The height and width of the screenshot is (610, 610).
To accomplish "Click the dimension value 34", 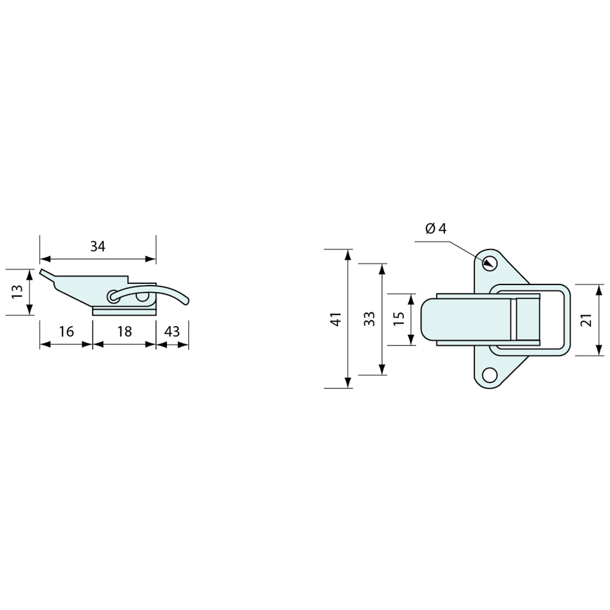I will click(x=98, y=247).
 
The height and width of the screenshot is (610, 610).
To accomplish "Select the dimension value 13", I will click(x=17, y=292).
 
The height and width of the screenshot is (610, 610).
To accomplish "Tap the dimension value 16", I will click(x=66, y=332).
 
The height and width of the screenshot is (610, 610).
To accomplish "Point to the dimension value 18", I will click(x=125, y=332).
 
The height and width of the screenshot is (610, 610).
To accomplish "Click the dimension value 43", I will click(x=172, y=332).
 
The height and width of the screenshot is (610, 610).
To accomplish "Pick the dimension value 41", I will click(x=334, y=319).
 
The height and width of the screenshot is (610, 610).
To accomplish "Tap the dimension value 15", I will click(x=399, y=319).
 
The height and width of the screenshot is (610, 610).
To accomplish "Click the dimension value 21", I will click(x=587, y=319).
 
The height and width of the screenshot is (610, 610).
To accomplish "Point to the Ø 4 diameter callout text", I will click(x=436, y=228).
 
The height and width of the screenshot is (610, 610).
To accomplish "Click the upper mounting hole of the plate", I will click(x=489, y=263).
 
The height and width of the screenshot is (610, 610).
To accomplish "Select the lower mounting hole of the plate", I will click(x=489, y=375).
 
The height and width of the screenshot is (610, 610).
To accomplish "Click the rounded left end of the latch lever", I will click(x=426, y=319).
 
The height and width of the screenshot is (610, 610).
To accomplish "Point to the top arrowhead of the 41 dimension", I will click(x=348, y=254).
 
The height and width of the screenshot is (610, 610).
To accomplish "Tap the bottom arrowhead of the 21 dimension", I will click(x=599, y=350).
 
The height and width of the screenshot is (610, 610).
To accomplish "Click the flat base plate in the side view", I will click(x=124, y=311).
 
